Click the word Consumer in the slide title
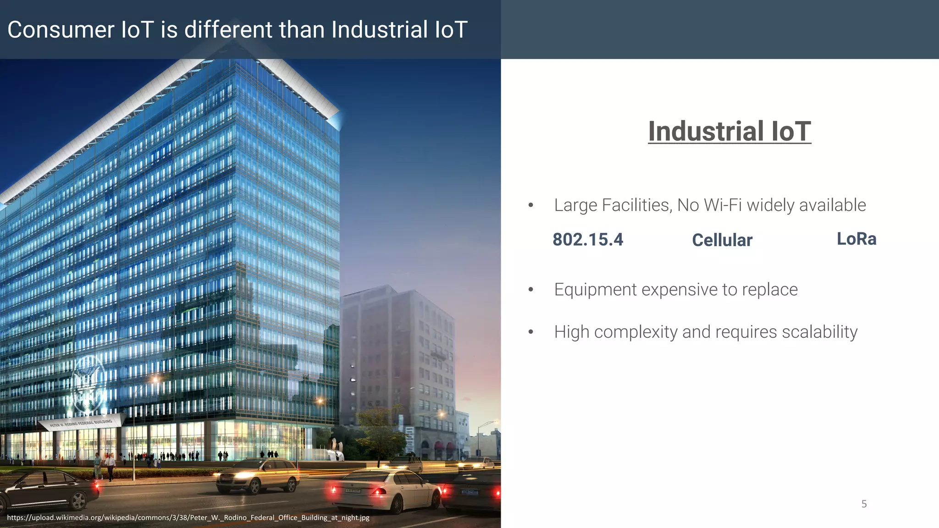(x=61, y=30)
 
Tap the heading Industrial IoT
(x=729, y=132)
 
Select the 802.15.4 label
(x=588, y=240)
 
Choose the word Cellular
(x=722, y=240)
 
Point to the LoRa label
(x=856, y=239)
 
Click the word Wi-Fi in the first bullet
(x=722, y=205)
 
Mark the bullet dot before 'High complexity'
(x=530, y=332)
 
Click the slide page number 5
(x=864, y=504)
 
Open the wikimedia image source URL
(x=188, y=518)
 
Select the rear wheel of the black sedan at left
(x=79, y=500)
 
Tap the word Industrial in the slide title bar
(x=380, y=30)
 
